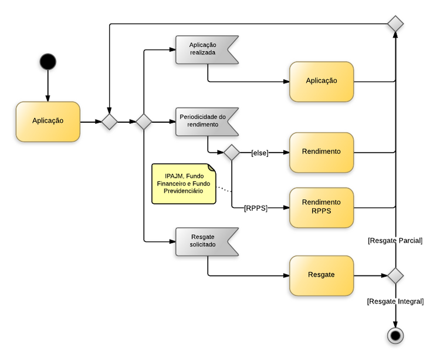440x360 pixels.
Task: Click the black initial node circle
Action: click(x=48, y=61)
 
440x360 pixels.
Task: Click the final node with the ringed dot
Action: click(x=395, y=335)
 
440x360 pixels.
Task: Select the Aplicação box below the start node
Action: click(x=48, y=122)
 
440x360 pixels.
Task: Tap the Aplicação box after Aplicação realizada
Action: click(x=321, y=81)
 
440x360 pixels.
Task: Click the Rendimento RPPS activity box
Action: click(x=321, y=207)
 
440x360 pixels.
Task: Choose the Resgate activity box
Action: click(x=321, y=275)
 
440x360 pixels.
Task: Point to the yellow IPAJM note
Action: click(x=184, y=184)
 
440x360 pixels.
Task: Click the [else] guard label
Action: click(x=259, y=153)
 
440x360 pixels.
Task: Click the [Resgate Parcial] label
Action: click(x=395, y=241)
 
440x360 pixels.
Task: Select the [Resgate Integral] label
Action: click(x=395, y=301)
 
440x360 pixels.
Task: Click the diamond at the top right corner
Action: click(x=395, y=24)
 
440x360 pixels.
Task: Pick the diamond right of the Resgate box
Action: click(x=395, y=275)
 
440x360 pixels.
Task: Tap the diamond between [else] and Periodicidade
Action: click(x=232, y=153)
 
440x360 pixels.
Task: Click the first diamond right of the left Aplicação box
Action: click(x=109, y=122)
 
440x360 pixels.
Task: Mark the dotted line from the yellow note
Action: click(x=224, y=190)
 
